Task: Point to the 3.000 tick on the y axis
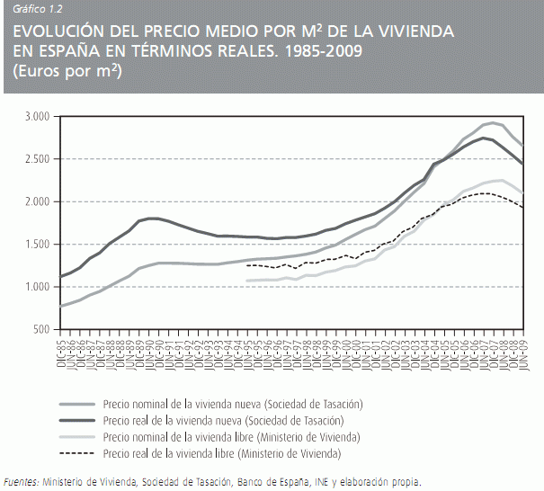pos(36,117)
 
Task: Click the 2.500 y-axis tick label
pos(36,159)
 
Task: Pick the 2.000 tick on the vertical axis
pos(36,201)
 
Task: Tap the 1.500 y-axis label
pos(36,244)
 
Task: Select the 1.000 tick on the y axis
pos(36,287)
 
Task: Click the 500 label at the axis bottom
pos(40,329)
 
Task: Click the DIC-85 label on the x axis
pos(61,350)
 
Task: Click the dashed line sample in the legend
pos(78,453)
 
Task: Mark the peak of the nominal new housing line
pos(493,122)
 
